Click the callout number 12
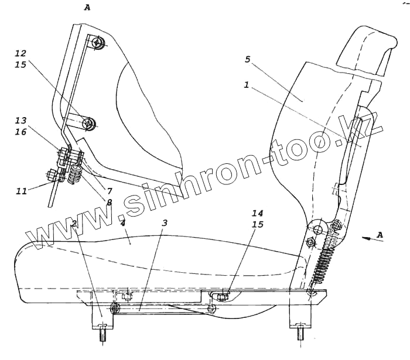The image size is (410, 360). pyautogui.click(x=21, y=53)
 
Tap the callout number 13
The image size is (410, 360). pyautogui.click(x=21, y=121)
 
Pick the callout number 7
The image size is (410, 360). pyautogui.click(x=110, y=191)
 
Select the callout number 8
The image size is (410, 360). pyautogui.click(x=109, y=203)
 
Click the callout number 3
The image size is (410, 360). pyautogui.click(x=165, y=223)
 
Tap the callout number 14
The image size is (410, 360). pyautogui.click(x=258, y=213)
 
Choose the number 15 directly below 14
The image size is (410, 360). pyautogui.click(x=258, y=224)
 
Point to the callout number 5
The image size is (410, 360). pyautogui.click(x=248, y=60)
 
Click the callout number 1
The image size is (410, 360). pyautogui.click(x=247, y=84)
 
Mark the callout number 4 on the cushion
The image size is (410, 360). pyautogui.click(x=122, y=224)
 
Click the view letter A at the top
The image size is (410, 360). pyautogui.click(x=87, y=8)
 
